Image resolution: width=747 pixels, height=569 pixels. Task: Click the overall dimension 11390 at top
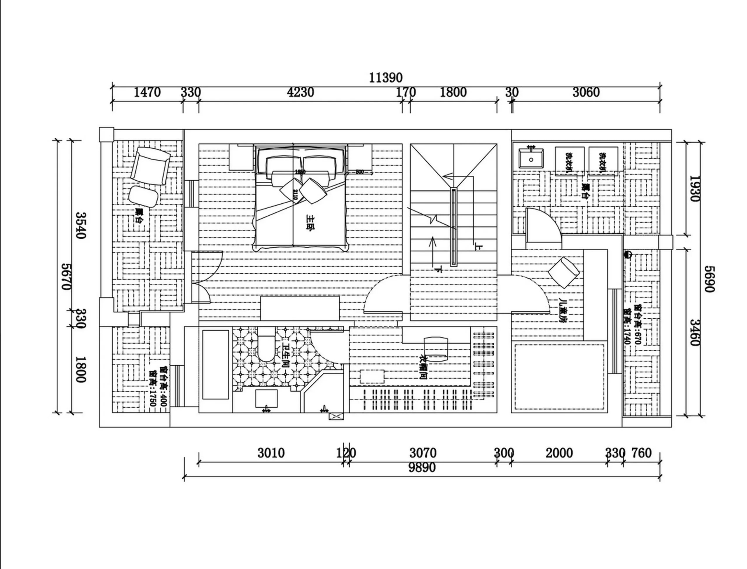[386, 78]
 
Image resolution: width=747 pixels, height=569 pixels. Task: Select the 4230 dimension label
[300, 92]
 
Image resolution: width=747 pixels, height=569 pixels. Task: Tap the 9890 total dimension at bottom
[422, 468]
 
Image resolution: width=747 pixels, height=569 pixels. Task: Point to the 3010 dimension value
[271, 453]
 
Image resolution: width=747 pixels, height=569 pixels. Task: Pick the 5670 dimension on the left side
[66, 276]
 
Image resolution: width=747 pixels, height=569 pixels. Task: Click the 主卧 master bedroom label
[310, 223]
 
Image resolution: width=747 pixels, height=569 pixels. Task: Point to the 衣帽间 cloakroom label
[423, 367]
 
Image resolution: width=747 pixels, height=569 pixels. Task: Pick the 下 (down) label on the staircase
[439, 270]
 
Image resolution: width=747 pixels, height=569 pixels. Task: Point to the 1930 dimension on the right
[694, 188]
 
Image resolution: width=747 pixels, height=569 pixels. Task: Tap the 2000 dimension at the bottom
[559, 453]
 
